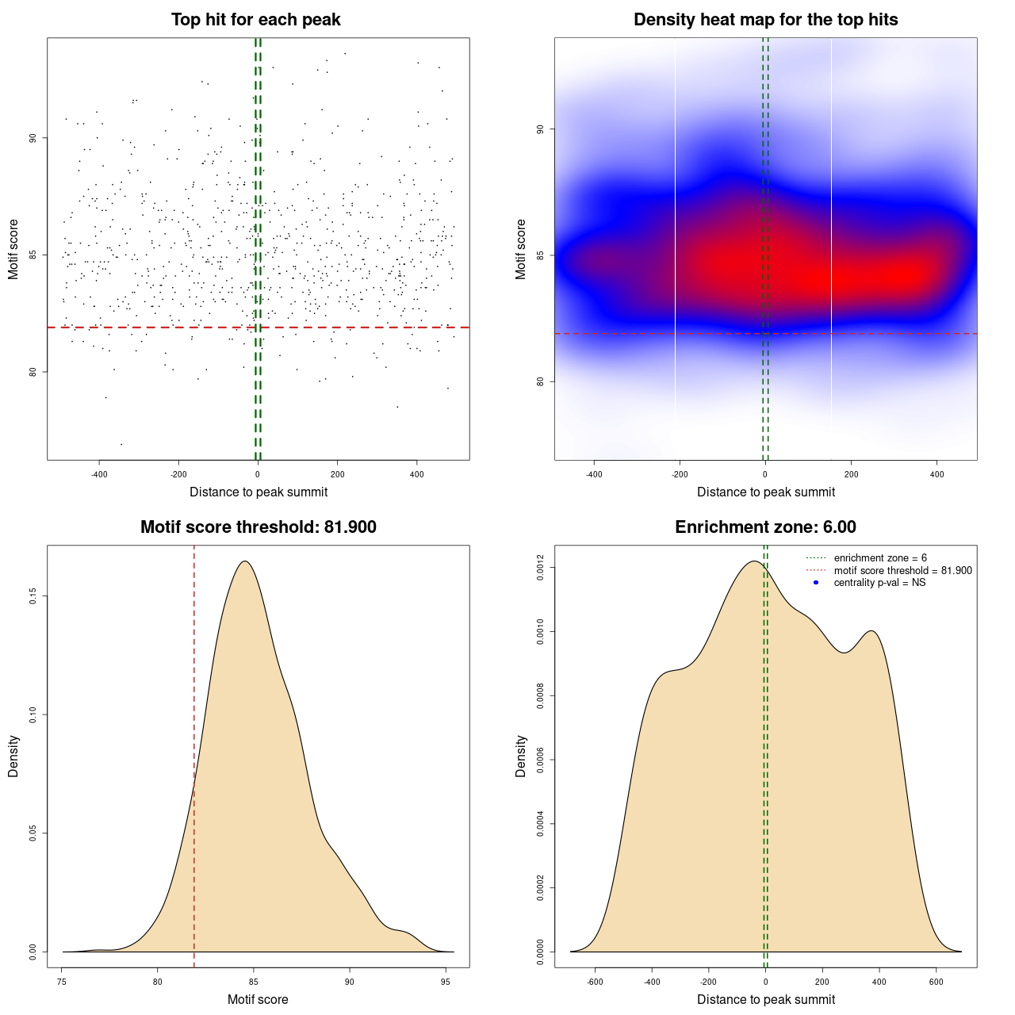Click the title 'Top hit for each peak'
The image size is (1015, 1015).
pos(255,20)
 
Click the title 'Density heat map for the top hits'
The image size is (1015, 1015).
pos(765,20)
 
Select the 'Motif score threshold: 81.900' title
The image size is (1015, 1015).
pos(258,527)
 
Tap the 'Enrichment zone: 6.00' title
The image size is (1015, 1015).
pos(765,527)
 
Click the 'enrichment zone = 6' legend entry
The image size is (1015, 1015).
pos(880,558)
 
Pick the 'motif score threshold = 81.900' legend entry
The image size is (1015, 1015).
pos(902,571)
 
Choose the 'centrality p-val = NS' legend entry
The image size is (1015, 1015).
pos(879,583)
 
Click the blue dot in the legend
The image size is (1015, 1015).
pos(816,583)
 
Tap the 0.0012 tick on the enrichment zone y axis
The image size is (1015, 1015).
pos(541,568)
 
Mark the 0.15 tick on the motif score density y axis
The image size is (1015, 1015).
pos(33,596)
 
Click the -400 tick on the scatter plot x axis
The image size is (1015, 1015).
pos(99,474)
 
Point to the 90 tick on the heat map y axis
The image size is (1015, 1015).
pos(541,129)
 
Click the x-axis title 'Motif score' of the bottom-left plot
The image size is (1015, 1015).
pos(258,999)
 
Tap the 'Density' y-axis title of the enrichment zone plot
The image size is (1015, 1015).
pos(521,756)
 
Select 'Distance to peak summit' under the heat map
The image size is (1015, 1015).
pos(765,492)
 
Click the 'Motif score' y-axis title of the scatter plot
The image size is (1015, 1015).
pos(13,249)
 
